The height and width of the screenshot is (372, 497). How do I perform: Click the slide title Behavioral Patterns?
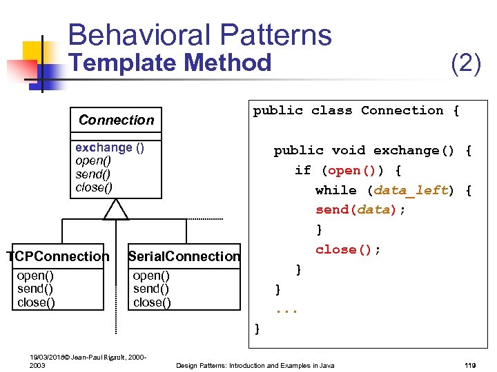[200, 34]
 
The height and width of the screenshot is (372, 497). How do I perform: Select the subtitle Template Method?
[171, 63]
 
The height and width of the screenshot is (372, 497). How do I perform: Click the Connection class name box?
[116, 120]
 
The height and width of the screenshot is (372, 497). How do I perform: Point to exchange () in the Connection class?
[110, 147]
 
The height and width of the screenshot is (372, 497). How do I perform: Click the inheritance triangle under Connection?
[116, 209]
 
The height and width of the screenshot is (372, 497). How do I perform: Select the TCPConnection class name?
[58, 257]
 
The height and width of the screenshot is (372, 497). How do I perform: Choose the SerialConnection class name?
[184, 257]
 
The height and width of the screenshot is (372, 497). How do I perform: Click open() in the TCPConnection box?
[35, 276]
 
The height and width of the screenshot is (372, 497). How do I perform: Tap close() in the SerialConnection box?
[152, 302]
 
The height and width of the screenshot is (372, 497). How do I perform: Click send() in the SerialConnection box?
[151, 289]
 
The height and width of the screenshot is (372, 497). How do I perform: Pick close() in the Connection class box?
[94, 187]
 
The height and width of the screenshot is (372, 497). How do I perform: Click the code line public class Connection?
[355, 111]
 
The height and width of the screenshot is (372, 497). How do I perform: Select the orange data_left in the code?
[411, 190]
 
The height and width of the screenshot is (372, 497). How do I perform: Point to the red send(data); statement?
[360, 210]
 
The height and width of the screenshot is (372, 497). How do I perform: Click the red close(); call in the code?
[348, 249]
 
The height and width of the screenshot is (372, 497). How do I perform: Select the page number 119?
[471, 365]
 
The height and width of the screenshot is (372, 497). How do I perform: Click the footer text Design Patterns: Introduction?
[255, 365]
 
